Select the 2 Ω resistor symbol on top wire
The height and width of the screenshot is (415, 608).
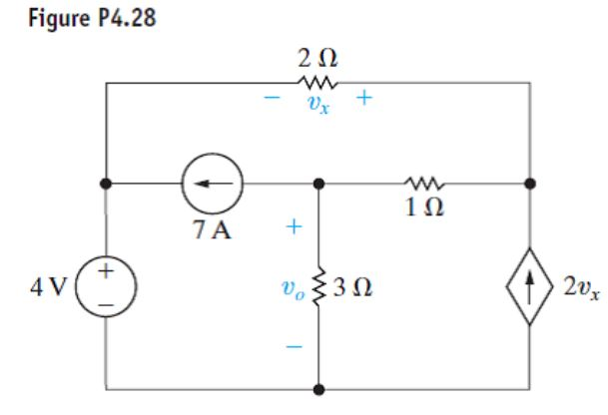[x=317, y=84]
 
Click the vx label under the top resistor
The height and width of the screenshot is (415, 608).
[x=317, y=103]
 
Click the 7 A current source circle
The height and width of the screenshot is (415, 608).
[x=208, y=184]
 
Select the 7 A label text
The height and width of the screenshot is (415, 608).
[x=208, y=224]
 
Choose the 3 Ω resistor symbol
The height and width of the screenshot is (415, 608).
[x=318, y=289]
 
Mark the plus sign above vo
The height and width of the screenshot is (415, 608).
[x=294, y=228]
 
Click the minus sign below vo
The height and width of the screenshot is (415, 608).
[x=294, y=348]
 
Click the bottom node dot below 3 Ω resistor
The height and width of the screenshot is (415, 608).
[x=318, y=390]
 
